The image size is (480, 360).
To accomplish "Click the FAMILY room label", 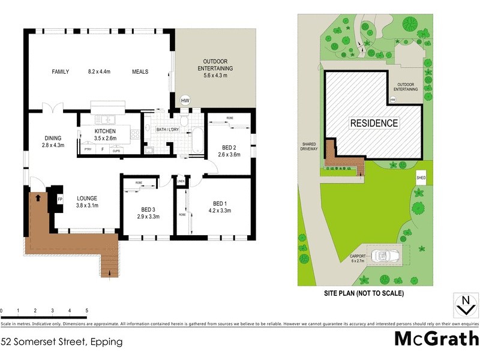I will (60, 72).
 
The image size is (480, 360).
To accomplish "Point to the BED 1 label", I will (219, 206).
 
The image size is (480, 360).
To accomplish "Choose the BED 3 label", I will (148, 212).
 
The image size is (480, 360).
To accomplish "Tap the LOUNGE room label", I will (87, 202).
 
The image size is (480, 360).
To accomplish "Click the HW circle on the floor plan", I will (185, 100).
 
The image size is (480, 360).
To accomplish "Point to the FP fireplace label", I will (60, 199).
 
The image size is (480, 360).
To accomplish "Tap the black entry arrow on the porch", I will (38, 196).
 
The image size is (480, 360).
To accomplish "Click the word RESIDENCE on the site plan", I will (374, 124).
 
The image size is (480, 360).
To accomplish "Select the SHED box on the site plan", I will (421, 178).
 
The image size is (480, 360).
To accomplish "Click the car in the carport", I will (379, 256).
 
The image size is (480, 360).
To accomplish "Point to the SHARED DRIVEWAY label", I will (311, 148).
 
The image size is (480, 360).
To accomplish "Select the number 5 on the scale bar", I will (87, 311).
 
